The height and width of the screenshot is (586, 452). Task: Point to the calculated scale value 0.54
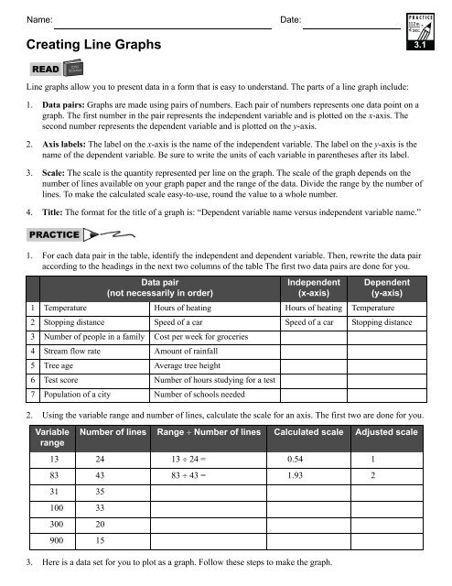[296, 458]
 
